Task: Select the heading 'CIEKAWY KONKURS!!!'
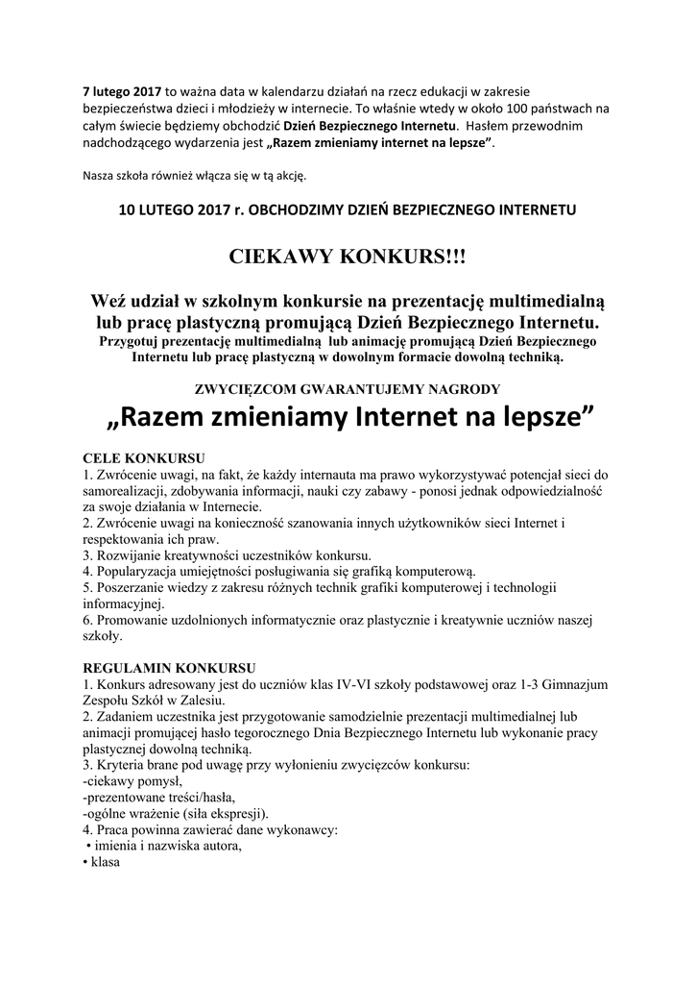(x=348, y=257)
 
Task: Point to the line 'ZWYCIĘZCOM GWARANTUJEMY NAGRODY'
(x=347, y=388)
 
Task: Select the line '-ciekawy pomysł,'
(x=132, y=781)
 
